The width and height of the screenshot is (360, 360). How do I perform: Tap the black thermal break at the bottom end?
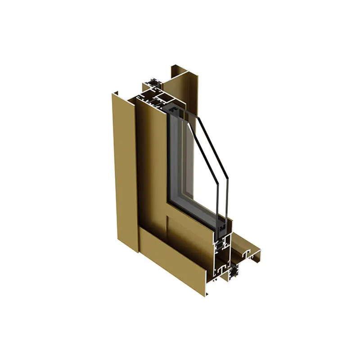(x=235, y=272)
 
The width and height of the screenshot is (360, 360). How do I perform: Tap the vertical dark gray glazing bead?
(x=175, y=157)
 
